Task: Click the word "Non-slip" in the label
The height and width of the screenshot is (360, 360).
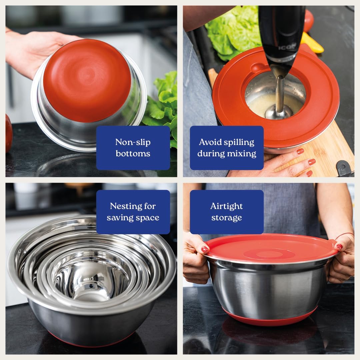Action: (x=133, y=142)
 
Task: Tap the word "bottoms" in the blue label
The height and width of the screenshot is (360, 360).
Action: (x=133, y=153)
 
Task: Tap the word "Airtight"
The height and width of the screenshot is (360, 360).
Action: (x=226, y=206)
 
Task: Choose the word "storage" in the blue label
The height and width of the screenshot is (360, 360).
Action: (x=226, y=218)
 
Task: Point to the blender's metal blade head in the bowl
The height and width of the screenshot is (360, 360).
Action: (x=279, y=112)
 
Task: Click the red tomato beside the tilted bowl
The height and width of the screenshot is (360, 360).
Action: (x=9, y=133)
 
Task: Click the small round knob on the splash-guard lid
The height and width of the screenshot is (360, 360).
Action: (x=256, y=67)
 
